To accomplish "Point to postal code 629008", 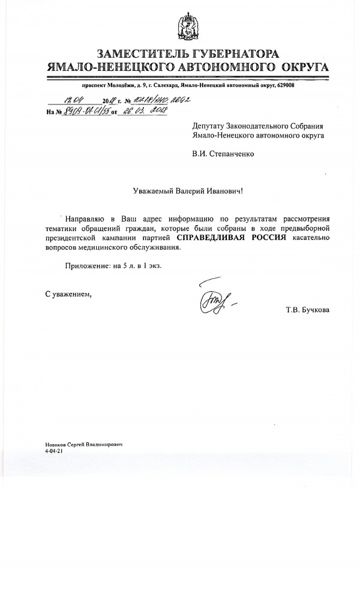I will pyautogui.click(x=282, y=86).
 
